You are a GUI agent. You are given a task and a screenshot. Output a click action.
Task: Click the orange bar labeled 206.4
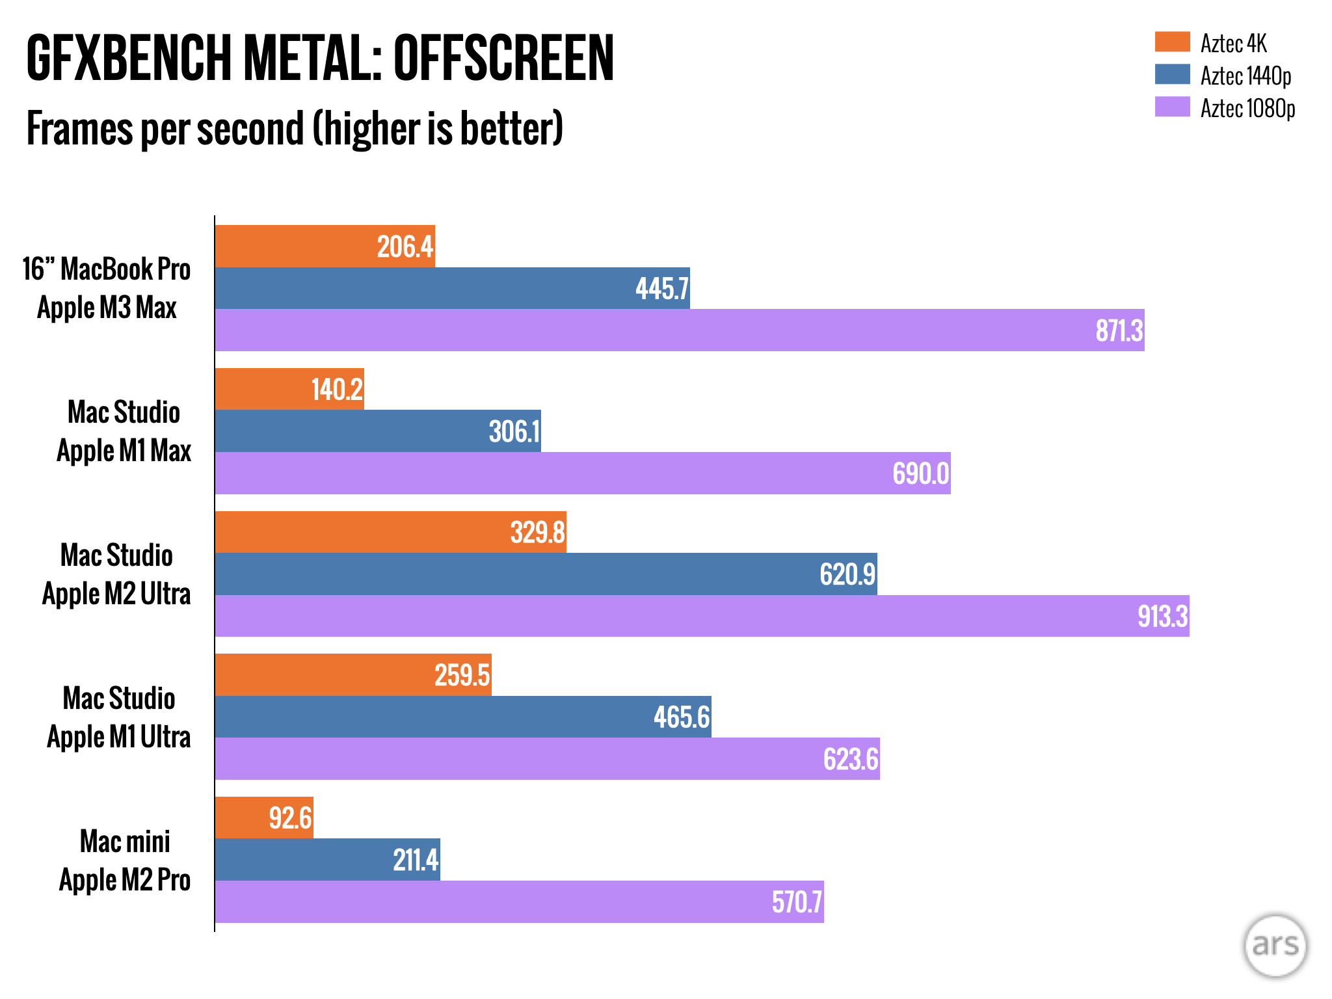(325, 246)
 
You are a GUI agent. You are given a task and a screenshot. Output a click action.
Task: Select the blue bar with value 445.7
(452, 288)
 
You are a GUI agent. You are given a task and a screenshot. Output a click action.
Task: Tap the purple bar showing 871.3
(679, 330)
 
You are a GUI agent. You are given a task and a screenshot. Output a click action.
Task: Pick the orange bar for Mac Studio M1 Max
(289, 389)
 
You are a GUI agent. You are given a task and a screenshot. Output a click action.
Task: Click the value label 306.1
(514, 432)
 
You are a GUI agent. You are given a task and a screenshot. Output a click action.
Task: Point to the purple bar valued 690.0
(582, 473)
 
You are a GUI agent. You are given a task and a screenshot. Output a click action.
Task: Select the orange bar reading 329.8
(390, 532)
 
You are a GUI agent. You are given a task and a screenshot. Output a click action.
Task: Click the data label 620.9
(847, 574)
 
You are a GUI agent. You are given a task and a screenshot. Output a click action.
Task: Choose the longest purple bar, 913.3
(702, 616)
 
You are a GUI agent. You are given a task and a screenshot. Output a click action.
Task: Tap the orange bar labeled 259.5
(353, 675)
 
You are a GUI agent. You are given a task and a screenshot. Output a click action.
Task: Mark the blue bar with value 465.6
(462, 717)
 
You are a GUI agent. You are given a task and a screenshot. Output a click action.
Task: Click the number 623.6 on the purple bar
(850, 759)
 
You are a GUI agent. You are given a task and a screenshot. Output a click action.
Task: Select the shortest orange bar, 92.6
(263, 818)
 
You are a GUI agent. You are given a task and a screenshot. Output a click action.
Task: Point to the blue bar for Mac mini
(327, 860)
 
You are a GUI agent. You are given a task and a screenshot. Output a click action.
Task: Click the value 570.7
(797, 902)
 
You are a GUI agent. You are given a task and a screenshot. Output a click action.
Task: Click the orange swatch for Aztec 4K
(1172, 42)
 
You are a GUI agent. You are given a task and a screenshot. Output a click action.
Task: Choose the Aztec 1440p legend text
(1245, 75)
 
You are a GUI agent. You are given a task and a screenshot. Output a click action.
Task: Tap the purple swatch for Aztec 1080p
(1172, 107)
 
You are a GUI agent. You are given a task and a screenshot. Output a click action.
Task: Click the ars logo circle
(1275, 945)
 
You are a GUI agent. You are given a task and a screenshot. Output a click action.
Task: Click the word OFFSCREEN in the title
(503, 59)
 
